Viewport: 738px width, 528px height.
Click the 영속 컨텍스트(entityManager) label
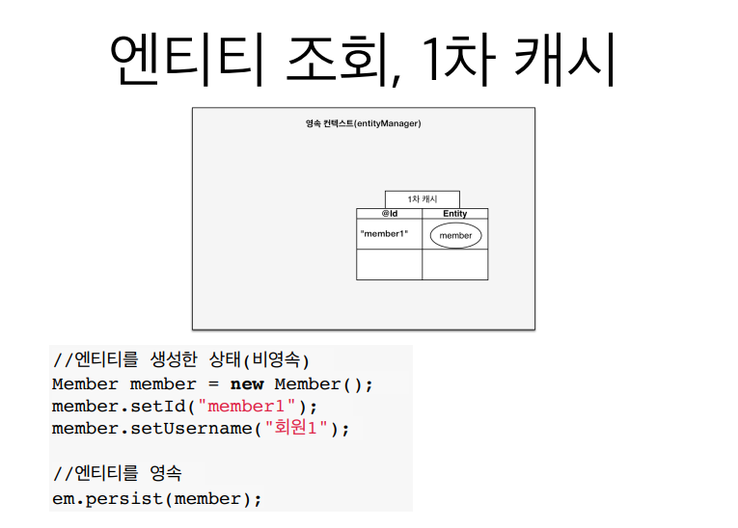click(x=363, y=123)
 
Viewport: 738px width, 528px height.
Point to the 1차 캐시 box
click(x=423, y=198)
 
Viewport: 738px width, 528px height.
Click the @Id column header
click(x=390, y=214)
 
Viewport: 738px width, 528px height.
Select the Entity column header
click(x=455, y=214)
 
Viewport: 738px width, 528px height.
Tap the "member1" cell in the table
click(x=384, y=234)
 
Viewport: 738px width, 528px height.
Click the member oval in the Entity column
click(x=455, y=235)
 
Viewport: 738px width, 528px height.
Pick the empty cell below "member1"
click(x=390, y=265)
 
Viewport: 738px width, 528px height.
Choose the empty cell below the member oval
click(x=455, y=265)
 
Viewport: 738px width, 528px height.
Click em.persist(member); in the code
click(x=157, y=498)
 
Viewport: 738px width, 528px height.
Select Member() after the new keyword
click(x=318, y=383)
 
